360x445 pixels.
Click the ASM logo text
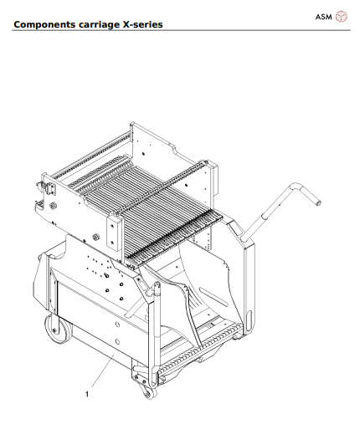point(323,16)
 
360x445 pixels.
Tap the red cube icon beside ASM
point(341,16)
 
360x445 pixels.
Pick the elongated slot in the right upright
point(248,292)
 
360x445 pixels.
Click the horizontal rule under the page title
point(180,30)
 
